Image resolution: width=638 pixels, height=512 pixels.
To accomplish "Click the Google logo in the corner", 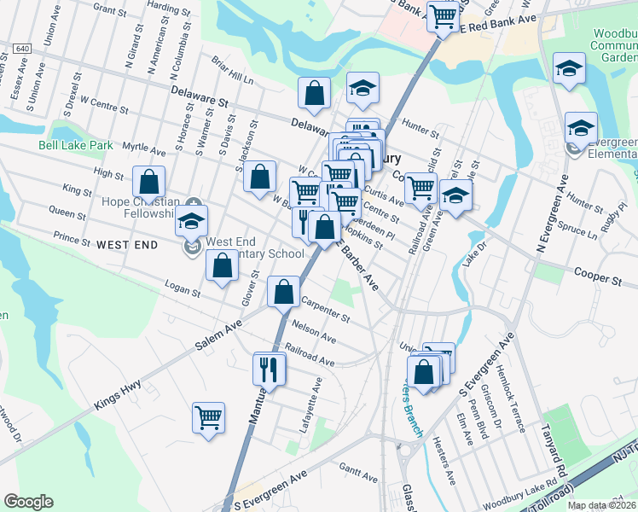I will pyautogui.click(x=28, y=502).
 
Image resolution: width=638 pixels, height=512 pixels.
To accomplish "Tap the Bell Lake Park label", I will pyautogui.click(x=76, y=145).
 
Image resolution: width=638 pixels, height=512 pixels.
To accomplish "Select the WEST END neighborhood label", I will pyautogui.click(x=127, y=245).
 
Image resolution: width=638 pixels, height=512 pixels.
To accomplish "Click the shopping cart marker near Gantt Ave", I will pyautogui.click(x=208, y=418).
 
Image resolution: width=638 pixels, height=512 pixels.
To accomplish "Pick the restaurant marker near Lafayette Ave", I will pyautogui.click(x=270, y=369).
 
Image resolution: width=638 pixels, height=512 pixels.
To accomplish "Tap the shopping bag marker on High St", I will pyautogui.click(x=149, y=182).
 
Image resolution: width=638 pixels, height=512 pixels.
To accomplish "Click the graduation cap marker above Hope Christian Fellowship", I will pyautogui.click(x=192, y=220).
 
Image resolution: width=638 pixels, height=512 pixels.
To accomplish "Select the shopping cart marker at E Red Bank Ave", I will pyautogui.click(x=443, y=15).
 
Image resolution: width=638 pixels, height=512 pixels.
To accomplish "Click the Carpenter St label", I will pyautogui.click(x=325, y=310).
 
